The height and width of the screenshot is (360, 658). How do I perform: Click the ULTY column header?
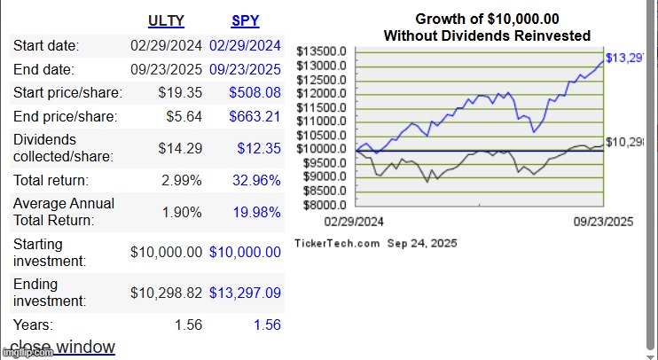click(166, 20)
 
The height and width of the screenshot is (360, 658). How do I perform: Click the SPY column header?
click(245, 20)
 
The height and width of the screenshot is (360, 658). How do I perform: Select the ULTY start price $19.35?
click(181, 92)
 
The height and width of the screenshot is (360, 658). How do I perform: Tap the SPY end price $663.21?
click(255, 116)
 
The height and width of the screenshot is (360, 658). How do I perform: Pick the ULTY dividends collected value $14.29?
click(181, 148)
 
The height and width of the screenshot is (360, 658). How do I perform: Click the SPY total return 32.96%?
click(256, 180)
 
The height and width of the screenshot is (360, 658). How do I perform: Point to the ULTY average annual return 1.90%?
click(184, 212)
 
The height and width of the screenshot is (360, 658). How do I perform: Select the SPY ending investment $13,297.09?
click(245, 293)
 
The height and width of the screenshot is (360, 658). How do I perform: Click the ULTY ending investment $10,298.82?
click(167, 293)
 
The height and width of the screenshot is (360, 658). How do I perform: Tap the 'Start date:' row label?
click(46, 46)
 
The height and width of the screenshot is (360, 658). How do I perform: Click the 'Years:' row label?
click(33, 325)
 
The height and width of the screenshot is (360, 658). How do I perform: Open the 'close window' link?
click(62, 347)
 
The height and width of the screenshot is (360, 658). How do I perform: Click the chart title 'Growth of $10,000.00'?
click(487, 19)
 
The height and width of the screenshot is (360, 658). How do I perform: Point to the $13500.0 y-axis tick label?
click(322, 51)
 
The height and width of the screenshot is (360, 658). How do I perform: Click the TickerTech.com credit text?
click(337, 243)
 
